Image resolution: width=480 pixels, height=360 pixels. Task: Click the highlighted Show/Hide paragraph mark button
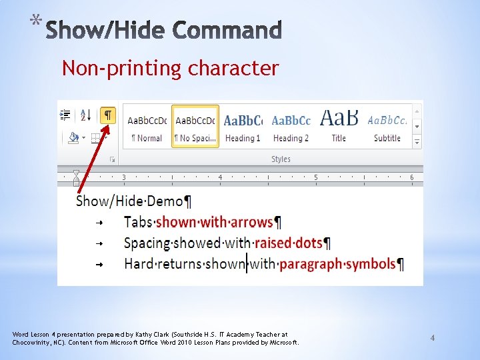(107, 115)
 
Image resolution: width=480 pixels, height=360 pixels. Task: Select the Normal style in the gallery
(147, 126)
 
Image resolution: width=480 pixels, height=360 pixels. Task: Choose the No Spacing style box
(195, 126)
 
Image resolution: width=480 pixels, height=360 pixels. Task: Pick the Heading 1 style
(243, 126)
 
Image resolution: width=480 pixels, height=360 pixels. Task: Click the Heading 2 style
(291, 126)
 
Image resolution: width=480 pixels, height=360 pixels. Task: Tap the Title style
(339, 126)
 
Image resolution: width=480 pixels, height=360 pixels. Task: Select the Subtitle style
(387, 126)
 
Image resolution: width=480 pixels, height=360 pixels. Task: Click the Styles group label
(281, 159)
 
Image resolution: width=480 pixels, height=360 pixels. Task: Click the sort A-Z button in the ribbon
(86, 115)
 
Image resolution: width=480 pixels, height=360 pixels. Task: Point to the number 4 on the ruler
(220, 177)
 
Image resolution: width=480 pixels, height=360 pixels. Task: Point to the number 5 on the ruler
(316, 177)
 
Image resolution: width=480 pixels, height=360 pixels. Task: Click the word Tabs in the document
(138, 222)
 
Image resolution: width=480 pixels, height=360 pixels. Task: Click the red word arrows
(250, 222)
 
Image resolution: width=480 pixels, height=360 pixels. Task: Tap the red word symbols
(370, 264)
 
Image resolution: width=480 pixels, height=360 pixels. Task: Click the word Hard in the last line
(139, 264)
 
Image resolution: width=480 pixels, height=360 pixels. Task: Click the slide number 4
(432, 338)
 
